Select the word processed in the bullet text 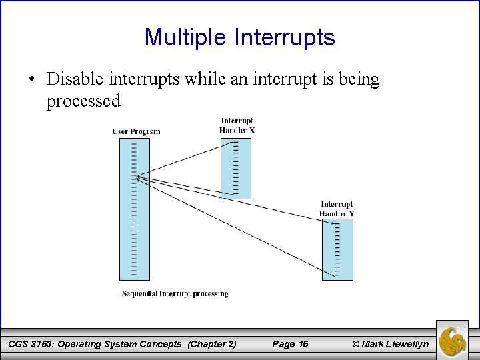[83, 101]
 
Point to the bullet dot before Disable [32, 80]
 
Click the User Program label [136, 131]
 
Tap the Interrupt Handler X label [237, 125]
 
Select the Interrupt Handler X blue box [236, 168]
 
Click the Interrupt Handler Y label [337, 209]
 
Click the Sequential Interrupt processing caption [175, 293]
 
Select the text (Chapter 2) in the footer [212, 344]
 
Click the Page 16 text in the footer [291, 344]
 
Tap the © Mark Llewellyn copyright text [390, 344]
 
